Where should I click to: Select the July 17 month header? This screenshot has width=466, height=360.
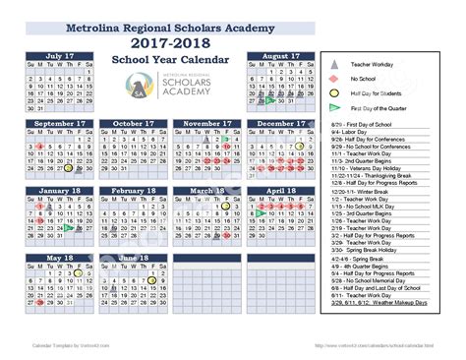tap(59, 57)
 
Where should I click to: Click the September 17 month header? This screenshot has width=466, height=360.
tap(59, 124)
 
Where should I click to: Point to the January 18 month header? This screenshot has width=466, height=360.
tap(59, 190)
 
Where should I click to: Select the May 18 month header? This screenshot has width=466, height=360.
tap(59, 258)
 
